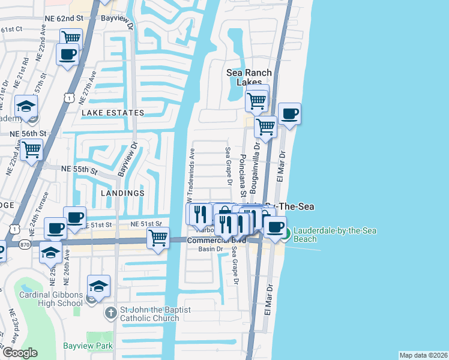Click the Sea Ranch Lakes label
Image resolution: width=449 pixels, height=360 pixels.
(x=249, y=77)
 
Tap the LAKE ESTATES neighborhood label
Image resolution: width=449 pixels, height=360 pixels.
(x=113, y=112)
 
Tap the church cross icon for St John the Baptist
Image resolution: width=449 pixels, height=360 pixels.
(x=110, y=313)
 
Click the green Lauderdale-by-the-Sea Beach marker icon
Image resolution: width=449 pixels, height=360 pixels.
(x=288, y=234)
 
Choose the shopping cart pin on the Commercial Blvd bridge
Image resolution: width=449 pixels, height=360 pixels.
(x=158, y=238)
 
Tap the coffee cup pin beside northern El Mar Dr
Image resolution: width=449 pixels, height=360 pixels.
(x=289, y=114)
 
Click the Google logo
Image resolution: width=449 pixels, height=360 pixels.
(x=19, y=352)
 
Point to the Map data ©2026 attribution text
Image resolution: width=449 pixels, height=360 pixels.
(x=423, y=355)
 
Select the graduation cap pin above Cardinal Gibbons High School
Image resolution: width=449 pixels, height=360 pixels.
(x=98, y=286)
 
